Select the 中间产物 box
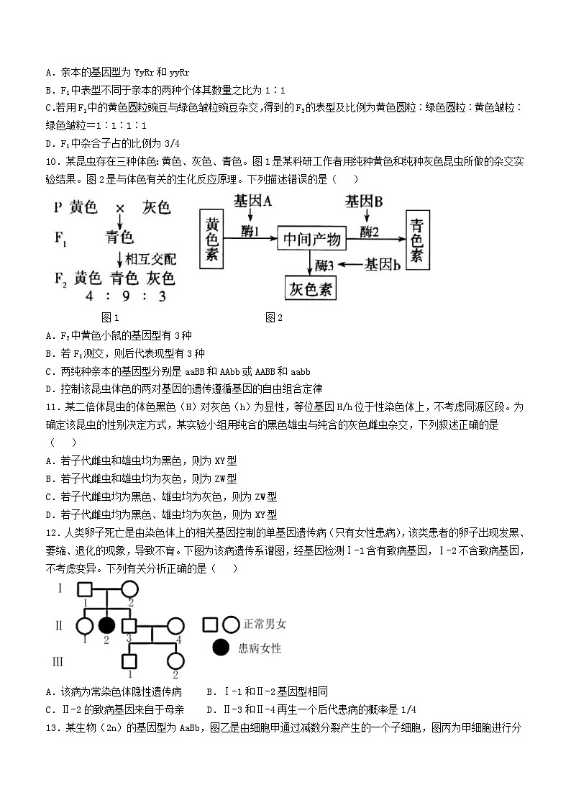311,238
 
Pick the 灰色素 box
311,289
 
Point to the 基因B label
364,201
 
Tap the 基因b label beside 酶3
383,265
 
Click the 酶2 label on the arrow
368,231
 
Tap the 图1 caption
110,317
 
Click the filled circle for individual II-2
107,625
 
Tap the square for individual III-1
129,661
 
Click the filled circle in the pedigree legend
222,648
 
